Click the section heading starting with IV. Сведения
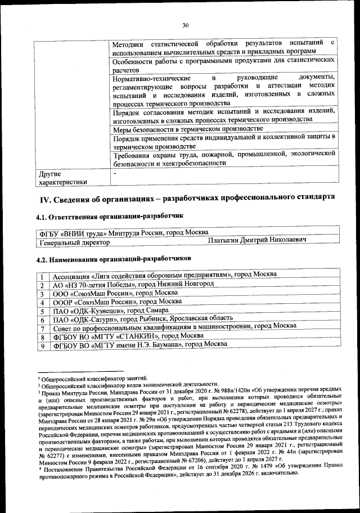coord(186,197)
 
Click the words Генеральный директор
coord(73,242)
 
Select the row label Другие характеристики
coord(62,177)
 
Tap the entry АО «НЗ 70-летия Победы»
coord(133,285)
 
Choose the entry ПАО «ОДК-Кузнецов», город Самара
coord(119,311)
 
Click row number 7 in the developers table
coord(42,328)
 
